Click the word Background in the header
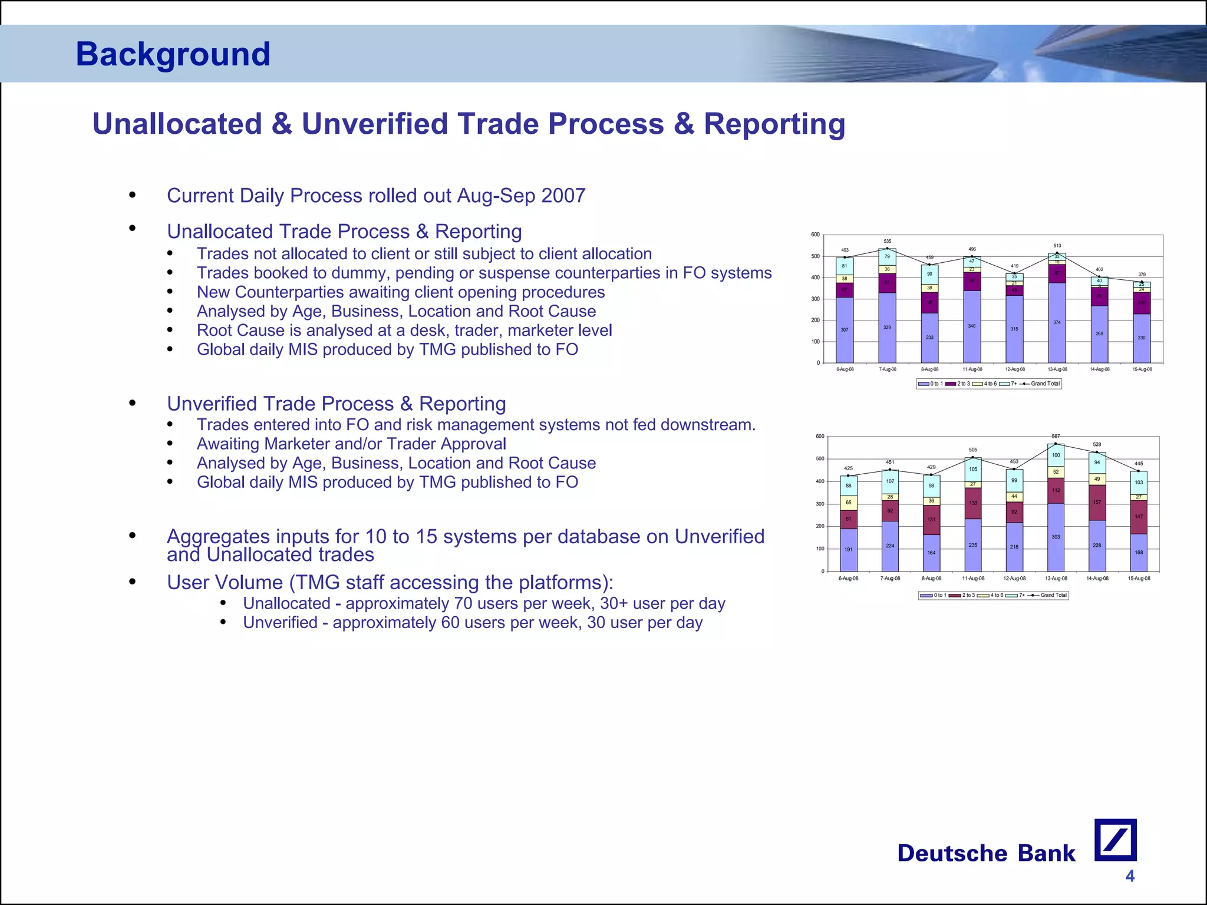tap(173, 54)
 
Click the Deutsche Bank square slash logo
tap(1115, 840)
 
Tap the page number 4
tap(1129, 876)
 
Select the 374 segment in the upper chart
tap(1057, 322)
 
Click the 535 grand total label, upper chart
tap(887, 241)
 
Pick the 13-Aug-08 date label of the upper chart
tap(1057, 369)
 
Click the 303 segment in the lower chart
tap(1056, 537)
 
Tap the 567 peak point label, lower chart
tap(1056, 437)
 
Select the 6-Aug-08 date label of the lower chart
tap(848, 579)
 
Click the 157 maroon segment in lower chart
tap(1097, 503)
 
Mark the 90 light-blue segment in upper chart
tap(929, 274)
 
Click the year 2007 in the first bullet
tap(563, 196)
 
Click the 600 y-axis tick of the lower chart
tap(819, 437)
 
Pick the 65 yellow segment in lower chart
tap(848, 503)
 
